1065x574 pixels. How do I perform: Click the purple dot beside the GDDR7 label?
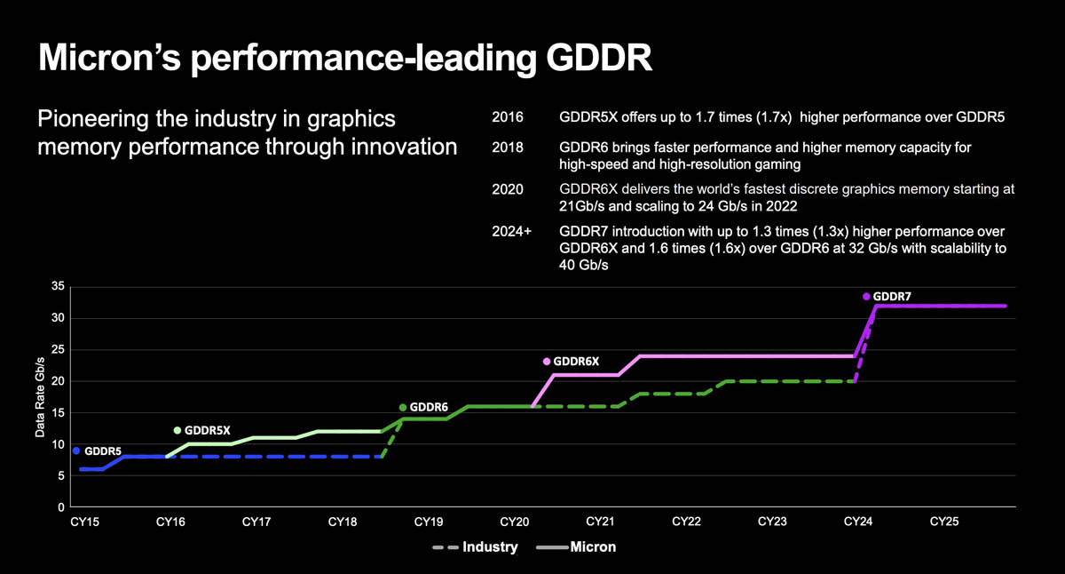point(866,297)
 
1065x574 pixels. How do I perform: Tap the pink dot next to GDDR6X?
point(547,362)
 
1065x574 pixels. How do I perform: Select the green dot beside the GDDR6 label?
point(403,408)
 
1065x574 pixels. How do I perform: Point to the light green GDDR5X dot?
point(177,430)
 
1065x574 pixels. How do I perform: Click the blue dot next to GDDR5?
point(76,451)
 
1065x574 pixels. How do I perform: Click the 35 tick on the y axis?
point(59,286)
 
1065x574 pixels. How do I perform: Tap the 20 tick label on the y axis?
point(59,381)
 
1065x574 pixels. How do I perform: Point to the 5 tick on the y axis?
point(61,476)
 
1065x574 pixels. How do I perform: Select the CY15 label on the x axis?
point(84,522)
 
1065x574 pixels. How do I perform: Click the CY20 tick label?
point(515,522)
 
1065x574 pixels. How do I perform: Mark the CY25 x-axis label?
point(944,522)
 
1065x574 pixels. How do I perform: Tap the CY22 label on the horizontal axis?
point(687,522)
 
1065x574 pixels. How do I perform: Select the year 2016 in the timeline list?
point(508,117)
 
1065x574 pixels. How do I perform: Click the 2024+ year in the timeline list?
point(511,232)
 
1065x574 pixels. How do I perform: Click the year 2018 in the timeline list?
point(508,147)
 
